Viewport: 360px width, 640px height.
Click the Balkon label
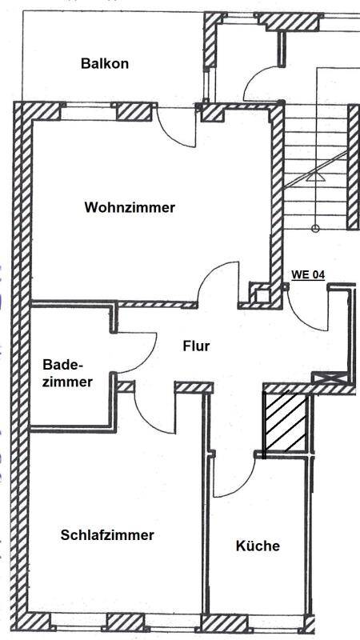tap(105, 64)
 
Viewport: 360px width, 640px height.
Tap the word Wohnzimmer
tap(130, 207)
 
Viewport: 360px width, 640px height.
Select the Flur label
tap(196, 346)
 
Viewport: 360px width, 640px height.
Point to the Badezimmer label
tap(68, 373)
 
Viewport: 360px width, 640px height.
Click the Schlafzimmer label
tap(107, 535)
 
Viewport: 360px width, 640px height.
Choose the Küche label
tap(258, 546)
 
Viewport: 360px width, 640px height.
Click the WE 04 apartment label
tap(308, 275)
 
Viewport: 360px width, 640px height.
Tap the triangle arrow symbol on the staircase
tap(315, 176)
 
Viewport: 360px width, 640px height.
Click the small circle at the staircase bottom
tap(315, 229)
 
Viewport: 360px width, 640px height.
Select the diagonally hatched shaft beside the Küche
tap(285, 423)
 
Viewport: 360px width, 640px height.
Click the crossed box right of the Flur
tap(330, 377)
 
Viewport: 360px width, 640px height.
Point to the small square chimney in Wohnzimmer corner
tap(262, 294)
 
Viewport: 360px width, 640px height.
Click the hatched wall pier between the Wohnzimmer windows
tap(134, 112)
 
